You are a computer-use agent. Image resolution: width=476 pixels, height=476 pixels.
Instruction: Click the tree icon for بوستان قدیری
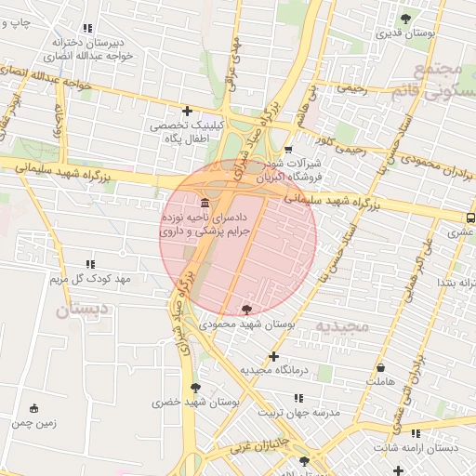tap(404, 19)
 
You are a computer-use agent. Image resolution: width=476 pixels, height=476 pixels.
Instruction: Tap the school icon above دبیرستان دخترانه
tap(88, 29)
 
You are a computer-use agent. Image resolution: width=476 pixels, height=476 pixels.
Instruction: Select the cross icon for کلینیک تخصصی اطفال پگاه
tap(188, 111)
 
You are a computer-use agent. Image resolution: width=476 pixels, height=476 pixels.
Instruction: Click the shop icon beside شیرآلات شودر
tap(288, 149)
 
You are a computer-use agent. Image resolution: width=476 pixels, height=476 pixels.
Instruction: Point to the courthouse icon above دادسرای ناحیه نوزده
tap(204, 203)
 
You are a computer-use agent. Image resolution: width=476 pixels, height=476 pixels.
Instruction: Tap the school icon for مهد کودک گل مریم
tap(90, 265)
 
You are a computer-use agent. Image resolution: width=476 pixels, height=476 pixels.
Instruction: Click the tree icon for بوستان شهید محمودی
tap(246, 309)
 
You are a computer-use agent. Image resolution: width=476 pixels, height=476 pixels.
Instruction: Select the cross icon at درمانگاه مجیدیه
tap(273, 356)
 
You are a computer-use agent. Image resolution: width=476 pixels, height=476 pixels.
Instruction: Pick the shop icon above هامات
tap(379, 367)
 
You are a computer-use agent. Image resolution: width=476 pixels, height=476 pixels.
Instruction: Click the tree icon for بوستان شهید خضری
tap(195, 388)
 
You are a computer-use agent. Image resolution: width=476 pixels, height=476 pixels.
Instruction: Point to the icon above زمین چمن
tap(35, 408)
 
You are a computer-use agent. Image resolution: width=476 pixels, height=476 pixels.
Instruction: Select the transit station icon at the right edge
tap(469, 218)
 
